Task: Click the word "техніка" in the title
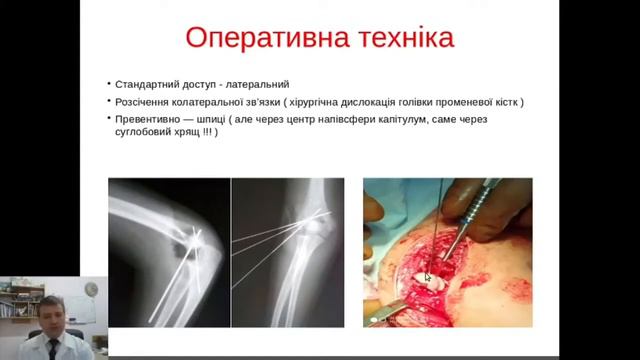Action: coord(399,40)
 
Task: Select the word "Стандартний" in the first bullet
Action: coord(144,84)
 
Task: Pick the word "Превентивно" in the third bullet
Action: coord(146,119)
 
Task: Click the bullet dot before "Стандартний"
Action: coord(108,84)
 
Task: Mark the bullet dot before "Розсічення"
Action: coord(108,102)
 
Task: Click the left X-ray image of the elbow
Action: coord(169,252)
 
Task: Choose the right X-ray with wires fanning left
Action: coord(287,252)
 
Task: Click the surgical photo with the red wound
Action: coord(447,252)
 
